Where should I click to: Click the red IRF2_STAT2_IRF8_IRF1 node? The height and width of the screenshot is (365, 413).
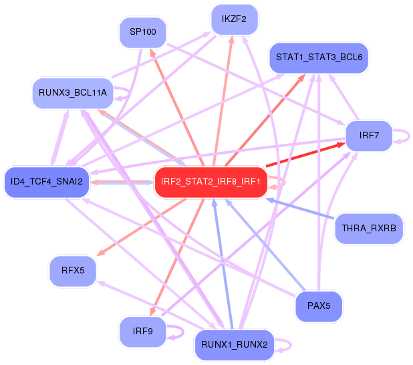click(212, 182)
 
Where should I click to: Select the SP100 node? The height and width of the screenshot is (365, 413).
click(142, 32)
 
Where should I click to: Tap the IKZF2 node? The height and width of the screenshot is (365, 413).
click(234, 19)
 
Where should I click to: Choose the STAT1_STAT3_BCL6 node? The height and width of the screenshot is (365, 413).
click(318, 57)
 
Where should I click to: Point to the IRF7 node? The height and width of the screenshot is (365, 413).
click(369, 136)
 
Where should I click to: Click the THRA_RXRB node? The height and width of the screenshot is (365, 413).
click(369, 229)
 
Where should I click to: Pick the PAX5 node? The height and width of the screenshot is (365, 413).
click(319, 306)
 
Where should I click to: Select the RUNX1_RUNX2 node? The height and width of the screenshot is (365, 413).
click(234, 345)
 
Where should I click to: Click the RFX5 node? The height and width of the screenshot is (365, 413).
click(72, 271)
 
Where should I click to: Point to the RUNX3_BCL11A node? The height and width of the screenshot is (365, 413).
click(72, 93)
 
